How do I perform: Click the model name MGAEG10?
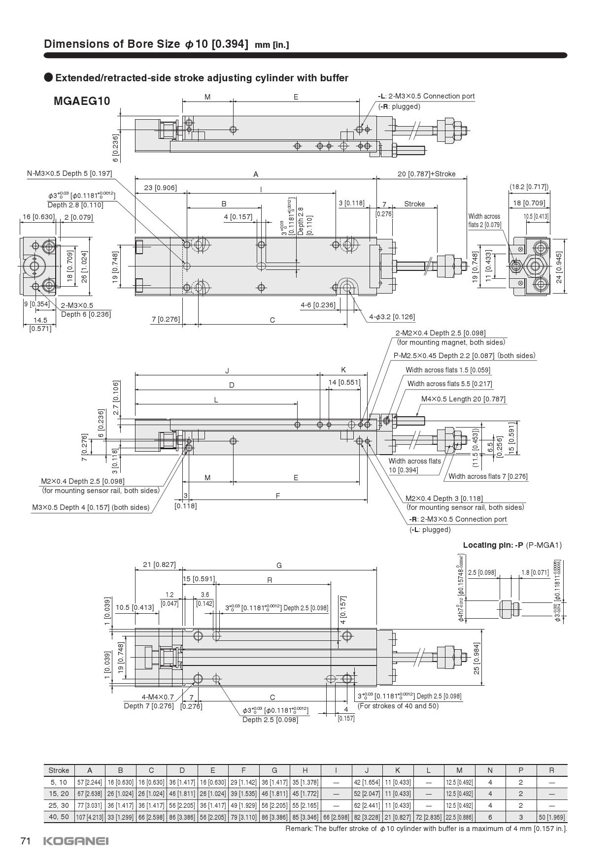82,101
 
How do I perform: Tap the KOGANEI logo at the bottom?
76,841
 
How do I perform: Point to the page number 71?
26,841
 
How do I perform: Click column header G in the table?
274,770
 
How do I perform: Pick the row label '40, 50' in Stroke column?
59,817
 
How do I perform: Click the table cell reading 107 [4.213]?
89,817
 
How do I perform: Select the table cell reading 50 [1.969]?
551,817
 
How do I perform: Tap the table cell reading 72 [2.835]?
428,817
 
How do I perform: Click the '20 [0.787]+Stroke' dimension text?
426,174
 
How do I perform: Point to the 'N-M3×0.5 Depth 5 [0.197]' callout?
69,173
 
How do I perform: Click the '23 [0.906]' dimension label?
160,188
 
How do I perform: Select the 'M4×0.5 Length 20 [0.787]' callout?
463,399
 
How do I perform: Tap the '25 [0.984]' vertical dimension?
477,658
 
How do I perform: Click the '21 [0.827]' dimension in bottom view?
159,565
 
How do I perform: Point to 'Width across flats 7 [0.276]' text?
488,476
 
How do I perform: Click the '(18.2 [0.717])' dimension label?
529,187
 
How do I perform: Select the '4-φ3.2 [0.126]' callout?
392,317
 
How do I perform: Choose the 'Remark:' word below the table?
299,829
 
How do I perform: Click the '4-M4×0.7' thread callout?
158,697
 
